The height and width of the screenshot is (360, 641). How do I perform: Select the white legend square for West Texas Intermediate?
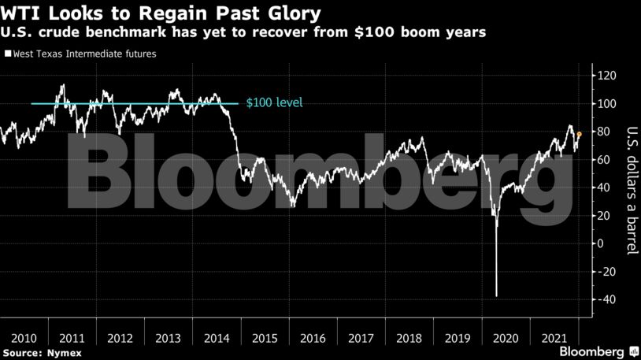point(7,54)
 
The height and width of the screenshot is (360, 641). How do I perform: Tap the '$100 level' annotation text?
point(274,103)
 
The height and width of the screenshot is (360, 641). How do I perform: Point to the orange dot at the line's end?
point(580,134)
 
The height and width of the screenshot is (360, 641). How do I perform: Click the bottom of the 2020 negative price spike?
point(496,296)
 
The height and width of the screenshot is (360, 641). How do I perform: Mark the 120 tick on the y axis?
point(606,76)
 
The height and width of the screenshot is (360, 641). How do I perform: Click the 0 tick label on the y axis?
point(601,243)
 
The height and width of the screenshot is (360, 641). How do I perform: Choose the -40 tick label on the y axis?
point(606,299)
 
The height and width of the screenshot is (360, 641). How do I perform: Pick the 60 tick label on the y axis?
point(603,160)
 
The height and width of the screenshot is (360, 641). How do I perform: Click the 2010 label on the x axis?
point(24,337)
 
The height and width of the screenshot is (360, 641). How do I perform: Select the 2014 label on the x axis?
point(216,337)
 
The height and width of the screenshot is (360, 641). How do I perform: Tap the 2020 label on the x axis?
point(504,337)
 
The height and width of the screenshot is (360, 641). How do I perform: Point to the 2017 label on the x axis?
point(360,337)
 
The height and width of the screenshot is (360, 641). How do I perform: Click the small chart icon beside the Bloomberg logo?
point(632,351)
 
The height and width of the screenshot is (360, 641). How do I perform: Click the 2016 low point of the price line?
point(293,206)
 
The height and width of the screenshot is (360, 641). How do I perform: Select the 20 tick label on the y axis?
point(603,216)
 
